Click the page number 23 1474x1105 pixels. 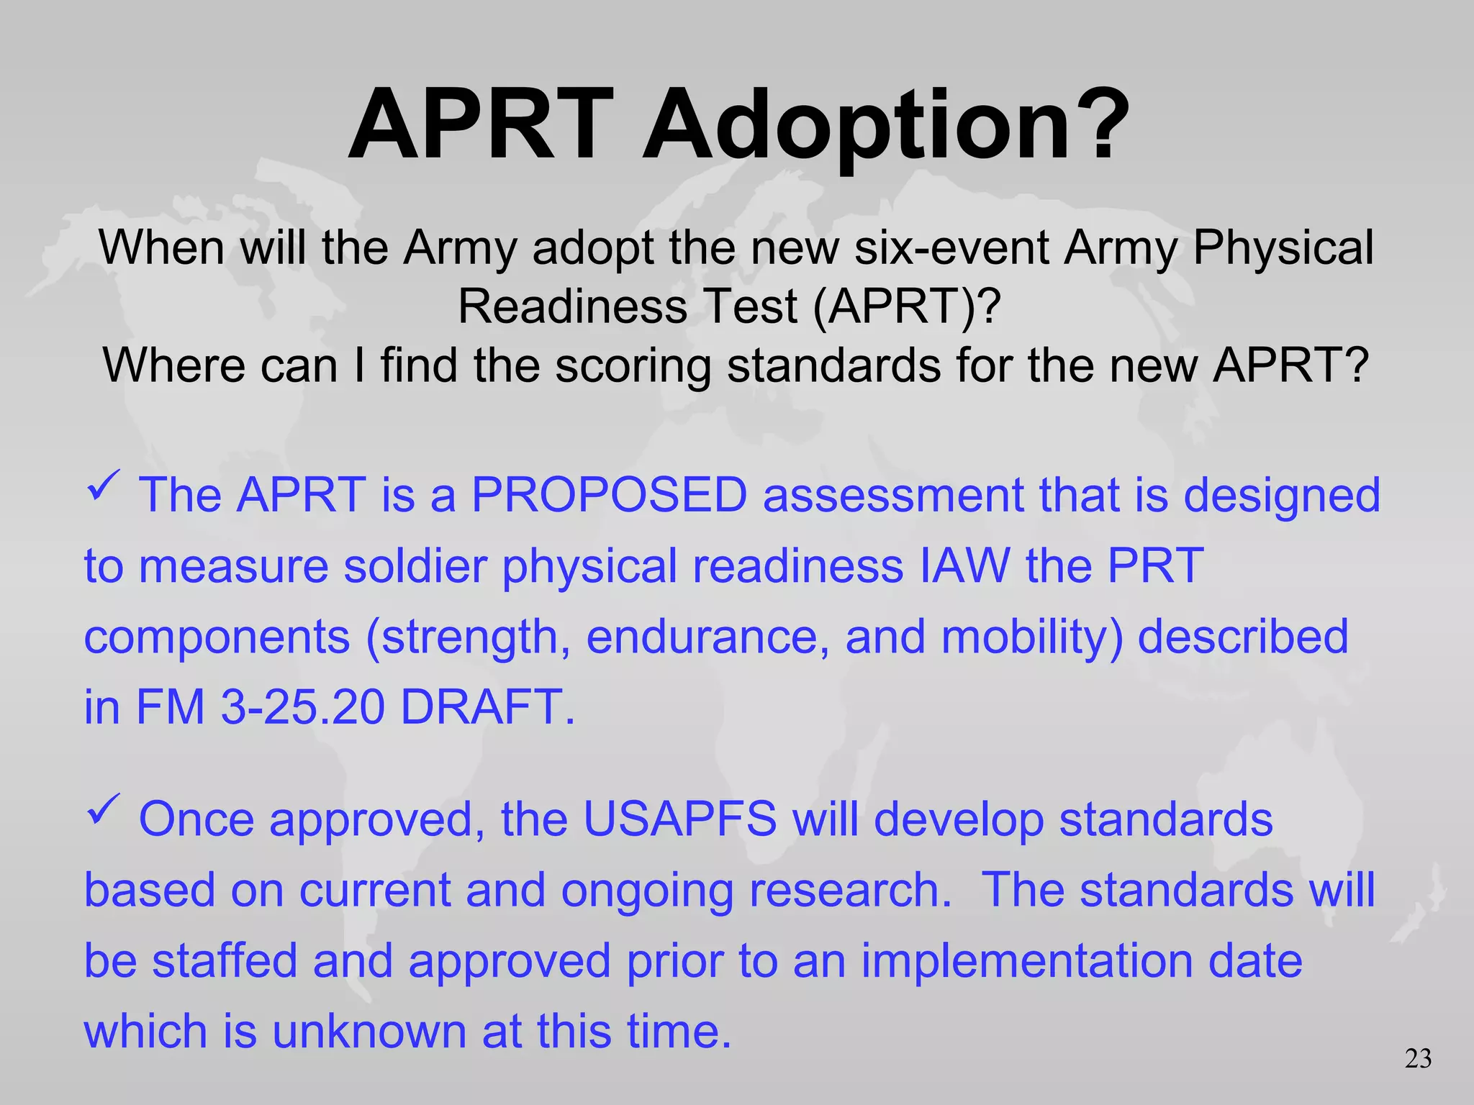1418,1059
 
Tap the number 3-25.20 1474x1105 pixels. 302,706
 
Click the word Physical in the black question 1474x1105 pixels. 1283,248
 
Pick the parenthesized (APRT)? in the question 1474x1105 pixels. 907,307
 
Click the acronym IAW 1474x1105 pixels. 964,565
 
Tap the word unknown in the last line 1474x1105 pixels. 368,1032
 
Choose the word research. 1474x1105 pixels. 850,891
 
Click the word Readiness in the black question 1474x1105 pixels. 573,307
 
